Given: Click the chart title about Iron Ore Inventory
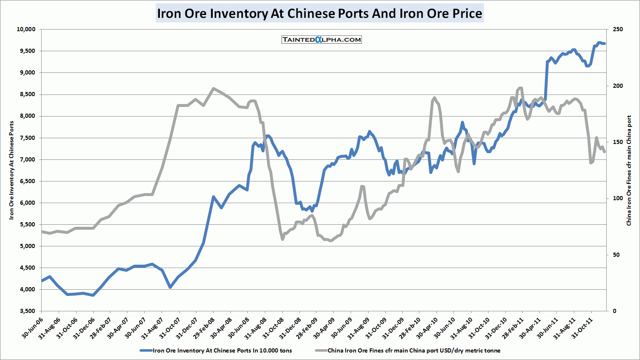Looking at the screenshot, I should (x=319, y=13).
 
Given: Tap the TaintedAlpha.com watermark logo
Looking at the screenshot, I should (x=321, y=40).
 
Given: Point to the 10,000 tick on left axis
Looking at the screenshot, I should (x=26, y=29).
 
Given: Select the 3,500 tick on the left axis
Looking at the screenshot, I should (x=27, y=311).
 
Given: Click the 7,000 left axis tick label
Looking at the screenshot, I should (x=27, y=159).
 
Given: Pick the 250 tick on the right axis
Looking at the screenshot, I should (x=618, y=29).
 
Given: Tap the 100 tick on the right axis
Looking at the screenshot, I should (x=618, y=198).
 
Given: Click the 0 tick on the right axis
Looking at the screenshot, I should (x=614, y=311).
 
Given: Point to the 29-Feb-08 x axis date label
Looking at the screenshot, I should (x=204, y=327).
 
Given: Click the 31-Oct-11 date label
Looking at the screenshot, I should (x=583, y=327).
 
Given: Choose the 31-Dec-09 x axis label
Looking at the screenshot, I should (x=393, y=327).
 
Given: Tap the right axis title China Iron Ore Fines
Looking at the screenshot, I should (x=629, y=171).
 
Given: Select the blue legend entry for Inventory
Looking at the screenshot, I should (x=216, y=350).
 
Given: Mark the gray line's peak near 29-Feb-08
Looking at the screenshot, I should (x=213, y=88).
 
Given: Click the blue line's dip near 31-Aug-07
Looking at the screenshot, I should (x=170, y=287).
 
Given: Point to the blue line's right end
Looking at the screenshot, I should (x=605, y=44).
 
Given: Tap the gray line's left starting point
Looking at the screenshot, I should (x=42, y=231).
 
